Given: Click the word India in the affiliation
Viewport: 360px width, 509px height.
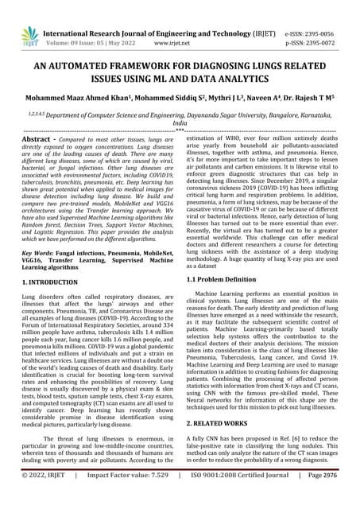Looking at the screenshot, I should click(180, 124).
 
